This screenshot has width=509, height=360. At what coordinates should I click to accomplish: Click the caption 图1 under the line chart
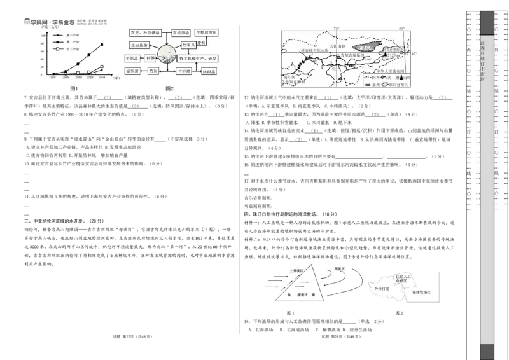(74, 88)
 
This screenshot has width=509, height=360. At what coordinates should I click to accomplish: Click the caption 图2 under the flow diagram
(169, 88)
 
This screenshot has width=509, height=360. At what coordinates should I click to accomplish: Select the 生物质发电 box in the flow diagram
(207, 31)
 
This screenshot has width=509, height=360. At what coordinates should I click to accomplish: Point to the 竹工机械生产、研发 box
(195, 59)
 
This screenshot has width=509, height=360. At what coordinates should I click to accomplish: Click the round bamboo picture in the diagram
(168, 54)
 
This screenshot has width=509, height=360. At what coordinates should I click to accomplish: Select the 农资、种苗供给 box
(144, 31)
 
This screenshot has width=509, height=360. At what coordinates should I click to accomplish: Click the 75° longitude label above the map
(337, 29)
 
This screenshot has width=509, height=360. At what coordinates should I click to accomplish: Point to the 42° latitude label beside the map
(415, 55)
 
